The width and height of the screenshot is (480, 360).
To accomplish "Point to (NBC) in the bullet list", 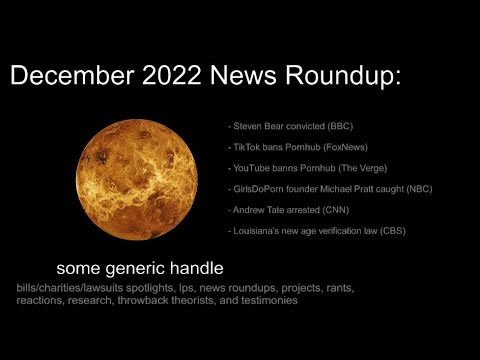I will (x=417, y=189).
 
